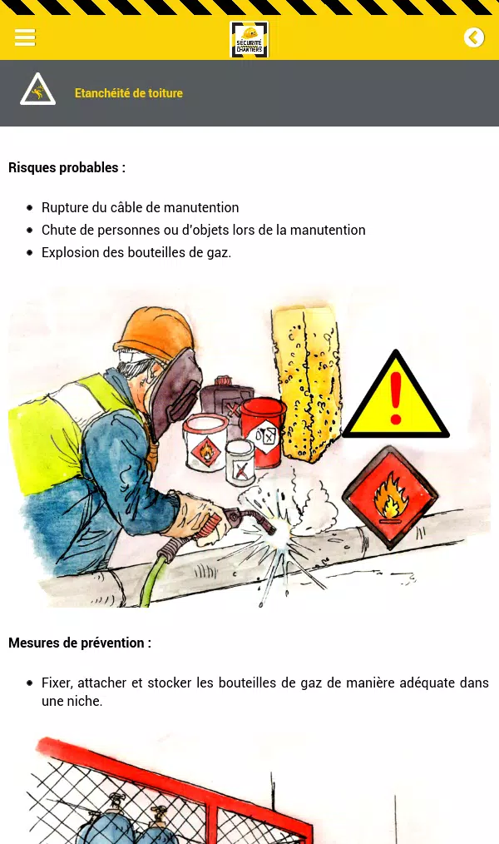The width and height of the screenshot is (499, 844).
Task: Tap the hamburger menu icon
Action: click(x=25, y=37)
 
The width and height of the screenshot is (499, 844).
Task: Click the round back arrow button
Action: click(x=474, y=37)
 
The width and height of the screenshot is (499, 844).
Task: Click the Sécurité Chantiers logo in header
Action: click(x=249, y=39)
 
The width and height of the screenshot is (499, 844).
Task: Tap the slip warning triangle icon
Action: click(x=37, y=89)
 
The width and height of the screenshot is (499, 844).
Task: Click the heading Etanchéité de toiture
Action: click(x=129, y=93)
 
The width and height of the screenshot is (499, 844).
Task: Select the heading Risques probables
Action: click(x=67, y=167)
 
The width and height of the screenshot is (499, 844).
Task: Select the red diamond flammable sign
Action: click(x=390, y=497)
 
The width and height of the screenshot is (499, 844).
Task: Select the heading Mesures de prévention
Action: click(x=80, y=643)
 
